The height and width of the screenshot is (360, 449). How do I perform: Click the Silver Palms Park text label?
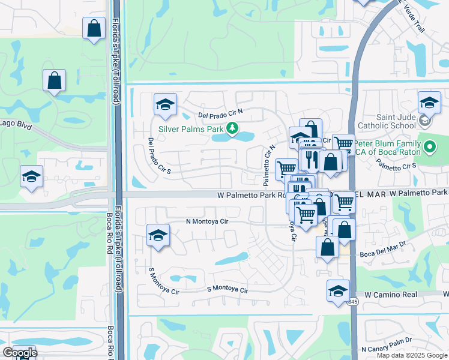(x=190, y=128)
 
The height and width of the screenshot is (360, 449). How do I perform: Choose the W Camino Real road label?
(x=390, y=295)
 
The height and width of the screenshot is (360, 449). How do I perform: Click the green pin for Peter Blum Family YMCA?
(x=430, y=146)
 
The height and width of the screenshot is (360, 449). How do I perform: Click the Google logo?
(x=19, y=352)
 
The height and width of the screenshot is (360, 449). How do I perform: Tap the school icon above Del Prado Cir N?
(x=165, y=104)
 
